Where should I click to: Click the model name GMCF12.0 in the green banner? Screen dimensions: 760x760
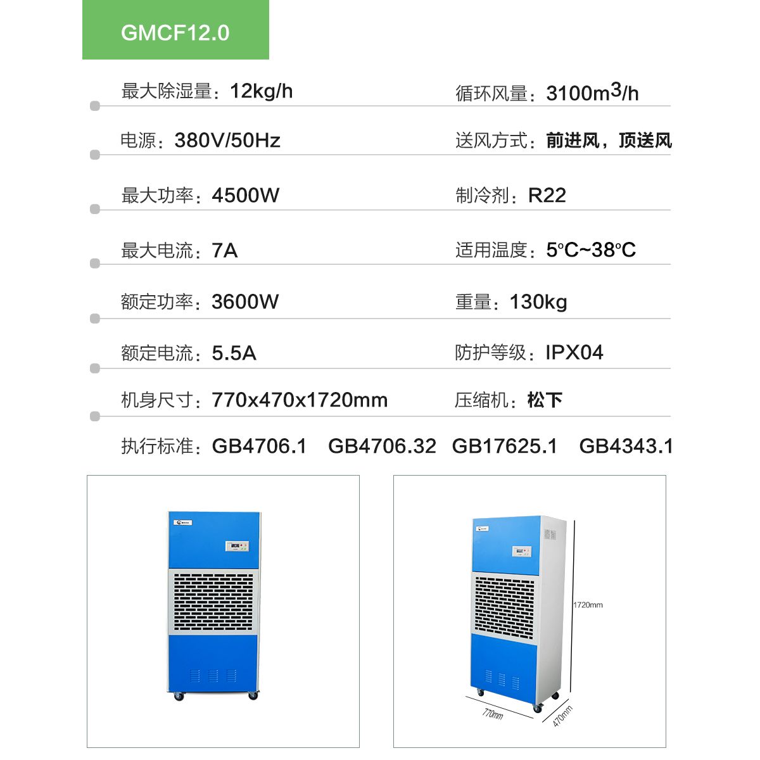(x=175, y=33)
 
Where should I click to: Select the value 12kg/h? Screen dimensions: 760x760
(x=261, y=91)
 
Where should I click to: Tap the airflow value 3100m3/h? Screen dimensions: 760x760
(x=592, y=93)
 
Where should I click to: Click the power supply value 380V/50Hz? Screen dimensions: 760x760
(x=227, y=140)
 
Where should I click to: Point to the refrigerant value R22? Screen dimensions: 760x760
(x=547, y=195)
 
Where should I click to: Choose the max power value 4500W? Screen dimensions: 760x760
(x=246, y=195)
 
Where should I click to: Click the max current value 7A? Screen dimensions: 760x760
(x=225, y=251)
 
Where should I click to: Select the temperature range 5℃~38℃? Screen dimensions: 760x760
(x=591, y=250)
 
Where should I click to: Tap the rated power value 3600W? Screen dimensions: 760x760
(x=245, y=301)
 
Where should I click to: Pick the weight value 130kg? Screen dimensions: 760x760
(x=538, y=301)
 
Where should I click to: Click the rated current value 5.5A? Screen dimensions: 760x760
(x=234, y=353)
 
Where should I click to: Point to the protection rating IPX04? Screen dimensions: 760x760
(x=574, y=352)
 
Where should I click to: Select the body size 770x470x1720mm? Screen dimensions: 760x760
(x=300, y=400)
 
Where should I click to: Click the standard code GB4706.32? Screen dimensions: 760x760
(x=382, y=446)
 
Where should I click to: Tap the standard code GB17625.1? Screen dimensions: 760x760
(x=505, y=446)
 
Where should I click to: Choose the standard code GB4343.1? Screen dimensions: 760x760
(x=626, y=446)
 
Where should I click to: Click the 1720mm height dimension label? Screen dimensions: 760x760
(x=588, y=605)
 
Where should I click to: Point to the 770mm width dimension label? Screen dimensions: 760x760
(x=493, y=714)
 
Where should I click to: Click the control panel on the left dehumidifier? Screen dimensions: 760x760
(x=237, y=547)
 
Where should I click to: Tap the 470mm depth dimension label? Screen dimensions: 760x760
(x=562, y=716)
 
